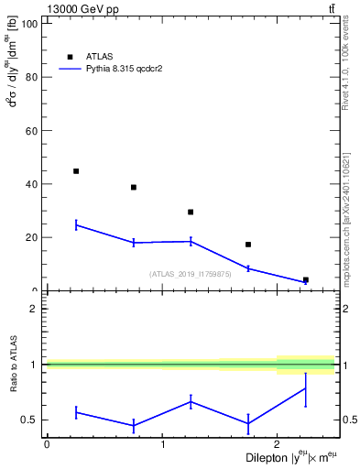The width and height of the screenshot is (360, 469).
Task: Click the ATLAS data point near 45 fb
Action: (76, 171)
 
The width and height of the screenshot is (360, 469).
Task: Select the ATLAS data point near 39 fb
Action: (134, 187)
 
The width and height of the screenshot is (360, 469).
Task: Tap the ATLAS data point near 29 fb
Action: (191, 213)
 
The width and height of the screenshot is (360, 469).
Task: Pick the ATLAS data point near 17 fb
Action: (248, 245)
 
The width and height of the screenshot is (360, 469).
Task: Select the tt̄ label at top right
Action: (331, 8)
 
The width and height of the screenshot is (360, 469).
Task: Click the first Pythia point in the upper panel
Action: (76, 224)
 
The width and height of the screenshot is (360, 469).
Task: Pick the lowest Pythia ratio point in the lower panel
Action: (134, 425)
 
